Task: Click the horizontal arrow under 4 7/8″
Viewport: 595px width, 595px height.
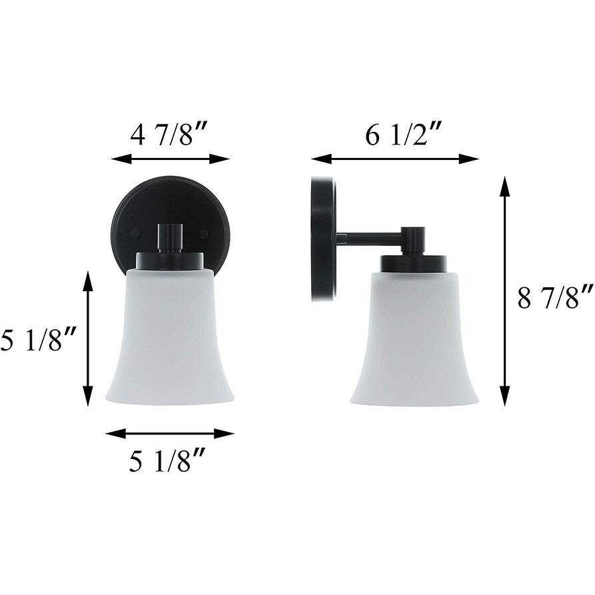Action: pyautogui.click(x=170, y=159)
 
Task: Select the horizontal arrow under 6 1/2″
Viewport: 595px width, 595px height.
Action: pyautogui.click(x=394, y=159)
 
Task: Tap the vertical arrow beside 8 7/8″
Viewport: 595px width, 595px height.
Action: pyautogui.click(x=505, y=291)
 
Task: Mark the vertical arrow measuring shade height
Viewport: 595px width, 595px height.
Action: pyautogui.click(x=87, y=338)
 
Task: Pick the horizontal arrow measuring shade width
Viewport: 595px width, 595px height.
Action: pyautogui.click(x=170, y=434)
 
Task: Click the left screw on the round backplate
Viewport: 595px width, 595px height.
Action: pyautogui.click(x=135, y=234)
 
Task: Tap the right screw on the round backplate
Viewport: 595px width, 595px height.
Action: pyautogui.click(x=204, y=235)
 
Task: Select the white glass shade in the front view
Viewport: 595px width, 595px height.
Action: pyautogui.click(x=170, y=340)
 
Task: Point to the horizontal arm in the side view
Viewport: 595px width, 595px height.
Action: pyautogui.click(x=370, y=238)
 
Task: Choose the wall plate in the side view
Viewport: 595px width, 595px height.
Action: pyautogui.click(x=323, y=239)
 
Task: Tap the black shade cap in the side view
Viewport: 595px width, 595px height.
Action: pyautogui.click(x=414, y=264)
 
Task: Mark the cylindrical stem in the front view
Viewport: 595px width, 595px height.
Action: pyautogui.click(x=170, y=237)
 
